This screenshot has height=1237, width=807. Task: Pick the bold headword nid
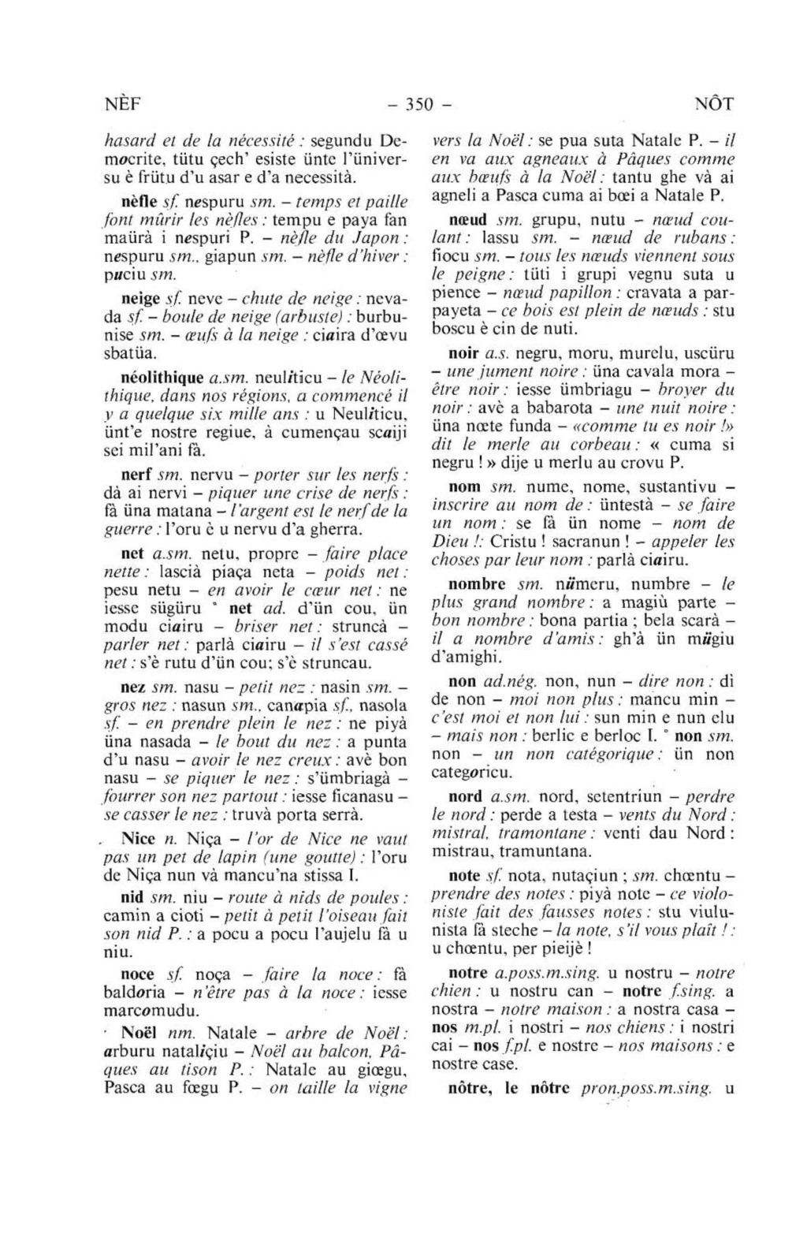132,897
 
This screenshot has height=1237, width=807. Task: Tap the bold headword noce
138,974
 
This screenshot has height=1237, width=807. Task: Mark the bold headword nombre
477,584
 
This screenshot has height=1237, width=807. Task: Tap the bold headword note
464,875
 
